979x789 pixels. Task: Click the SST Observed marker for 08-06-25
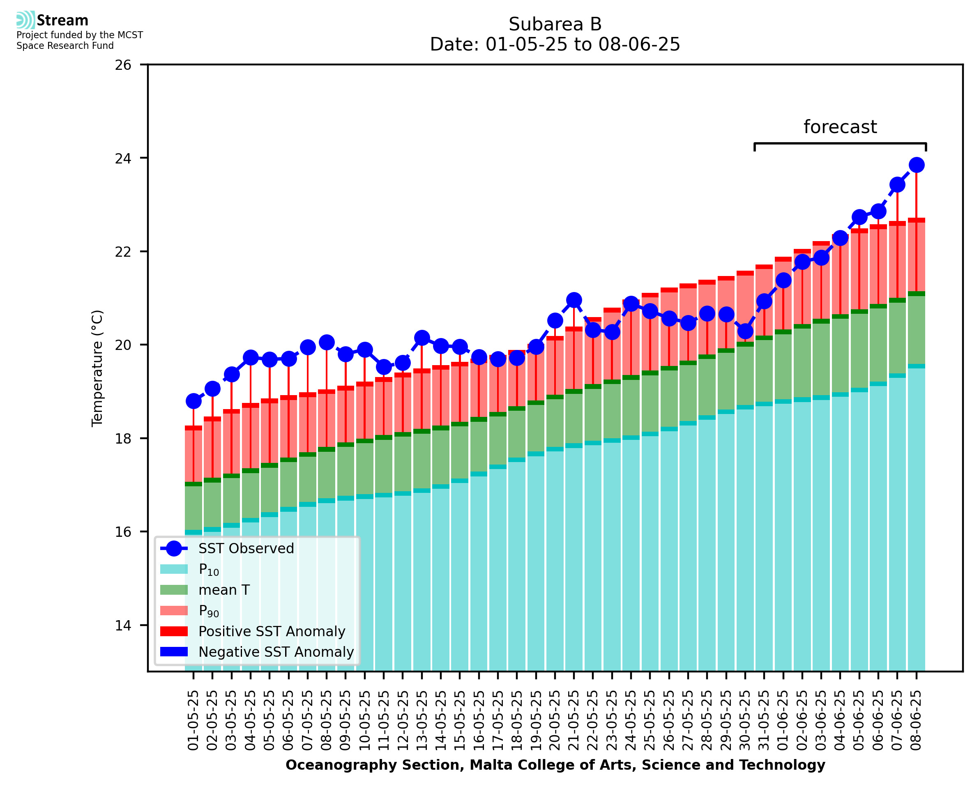click(x=916, y=165)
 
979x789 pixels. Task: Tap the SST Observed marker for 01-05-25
click(x=193, y=401)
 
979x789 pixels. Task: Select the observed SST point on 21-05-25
click(x=574, y=300)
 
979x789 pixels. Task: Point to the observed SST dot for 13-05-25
click(x=422, y=338)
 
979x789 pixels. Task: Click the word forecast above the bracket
click(x=839, y=127)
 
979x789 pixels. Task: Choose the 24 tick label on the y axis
click(x=123, y=158)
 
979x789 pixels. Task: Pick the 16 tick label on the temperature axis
click(x=123, y=532)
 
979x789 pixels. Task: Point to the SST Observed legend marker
click(x=174, y=549)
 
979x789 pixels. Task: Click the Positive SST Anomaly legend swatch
click(x=174, y=631)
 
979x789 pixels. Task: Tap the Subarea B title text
click(x=555, y=24)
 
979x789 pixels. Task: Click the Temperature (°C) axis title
click(x=97, y=368)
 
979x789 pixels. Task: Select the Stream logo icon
click(x=25, y=20)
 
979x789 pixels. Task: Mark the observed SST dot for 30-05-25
click(x=745, y=331)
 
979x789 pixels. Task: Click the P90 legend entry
click(x=209, y=611)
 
